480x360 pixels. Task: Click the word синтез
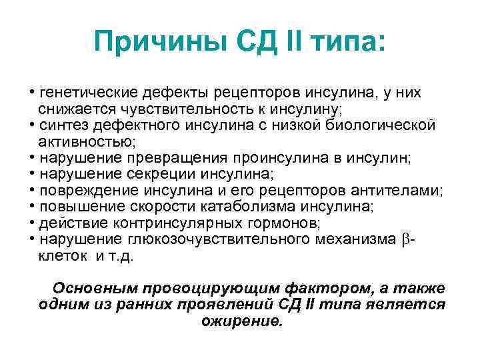click(x=61, y=125)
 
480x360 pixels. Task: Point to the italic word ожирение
click(x=241, y=321)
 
